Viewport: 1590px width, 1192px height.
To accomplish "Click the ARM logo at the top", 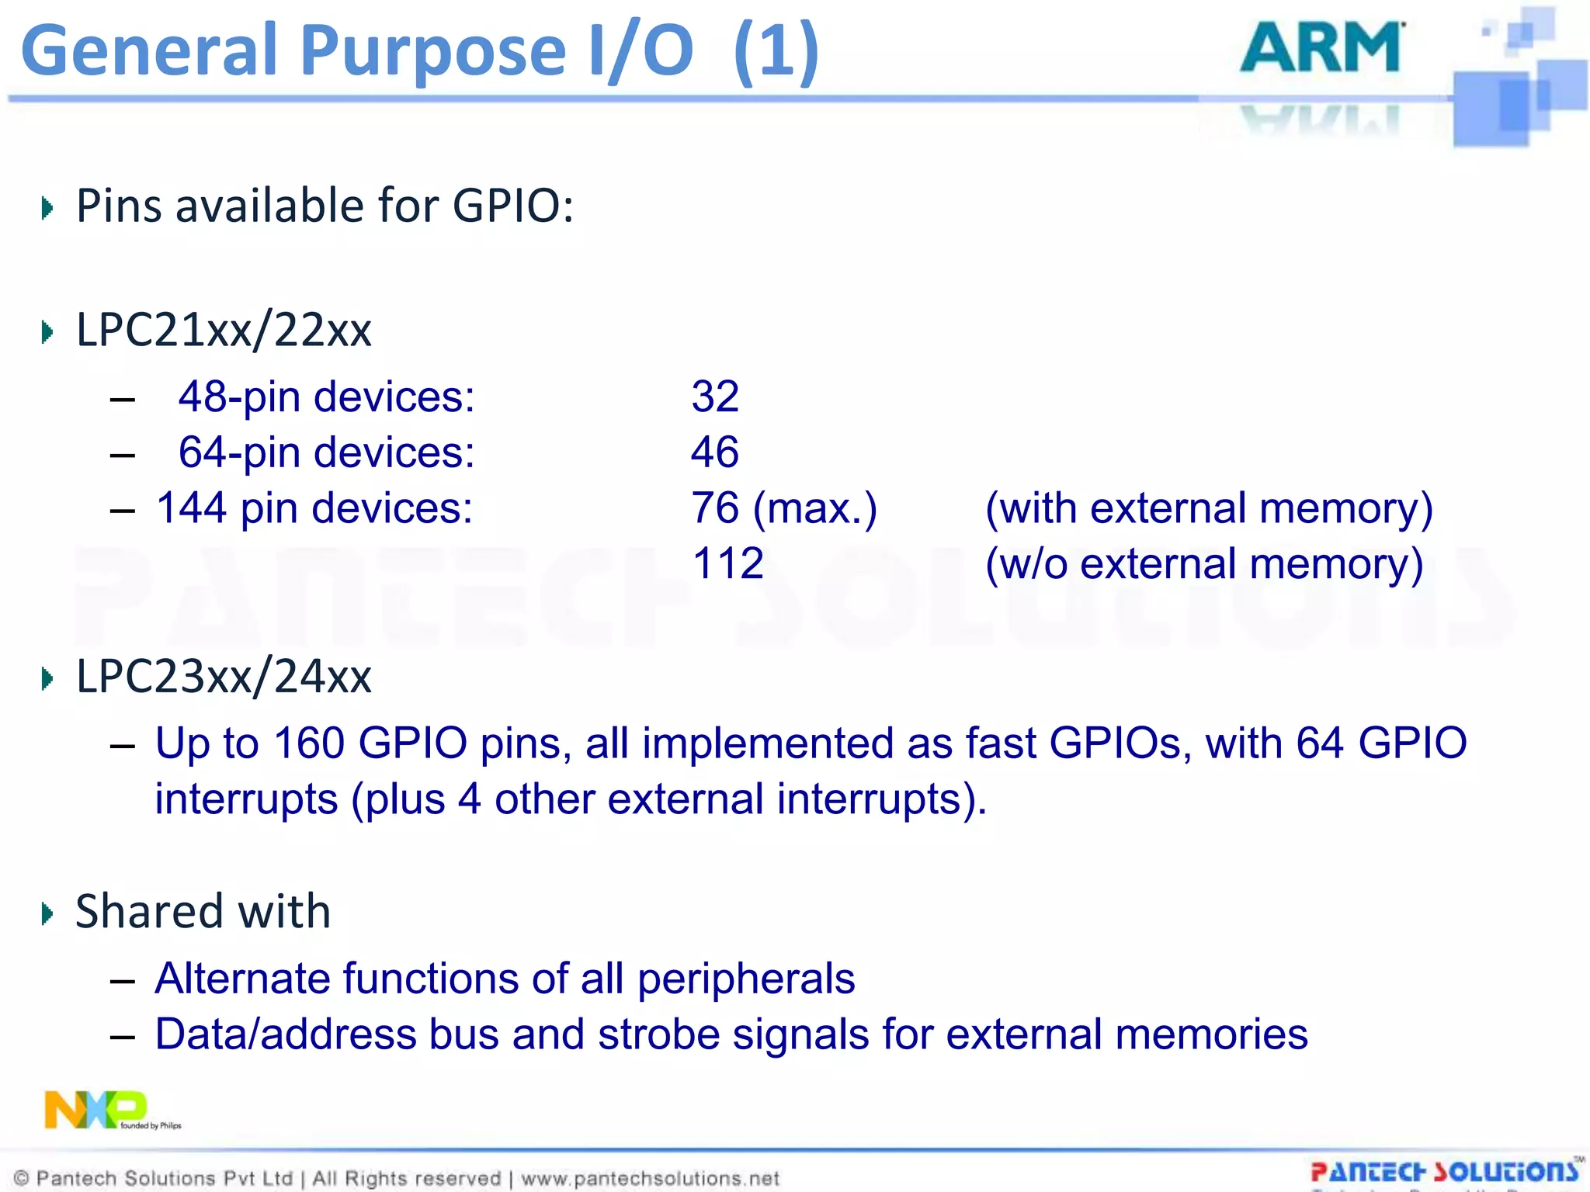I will pos(1322,48).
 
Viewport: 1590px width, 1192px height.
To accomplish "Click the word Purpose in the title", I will pos(432,51).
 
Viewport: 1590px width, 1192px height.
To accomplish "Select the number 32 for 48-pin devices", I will pos(715,397).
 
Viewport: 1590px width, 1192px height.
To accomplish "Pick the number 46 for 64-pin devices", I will pos(715,452).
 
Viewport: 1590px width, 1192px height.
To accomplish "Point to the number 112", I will pos(727,563).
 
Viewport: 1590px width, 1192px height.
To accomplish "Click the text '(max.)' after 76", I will pos(815,508).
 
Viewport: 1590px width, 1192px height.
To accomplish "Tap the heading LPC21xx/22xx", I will pos(224,330).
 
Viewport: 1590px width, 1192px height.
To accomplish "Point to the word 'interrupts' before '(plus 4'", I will pos(246,799).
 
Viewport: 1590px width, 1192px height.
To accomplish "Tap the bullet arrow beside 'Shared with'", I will pos(47,913).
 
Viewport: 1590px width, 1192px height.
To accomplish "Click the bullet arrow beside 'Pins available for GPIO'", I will pos(47,208).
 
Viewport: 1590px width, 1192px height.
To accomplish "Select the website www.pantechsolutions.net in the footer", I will pos(650,1179).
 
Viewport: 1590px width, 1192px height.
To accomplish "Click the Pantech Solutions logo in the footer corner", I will pos(1445,1172).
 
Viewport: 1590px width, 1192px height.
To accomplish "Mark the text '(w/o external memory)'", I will pos(1204,563).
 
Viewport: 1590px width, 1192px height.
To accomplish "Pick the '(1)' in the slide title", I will pos(776,51).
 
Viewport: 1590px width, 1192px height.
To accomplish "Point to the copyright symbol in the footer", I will pos(22,1179).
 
